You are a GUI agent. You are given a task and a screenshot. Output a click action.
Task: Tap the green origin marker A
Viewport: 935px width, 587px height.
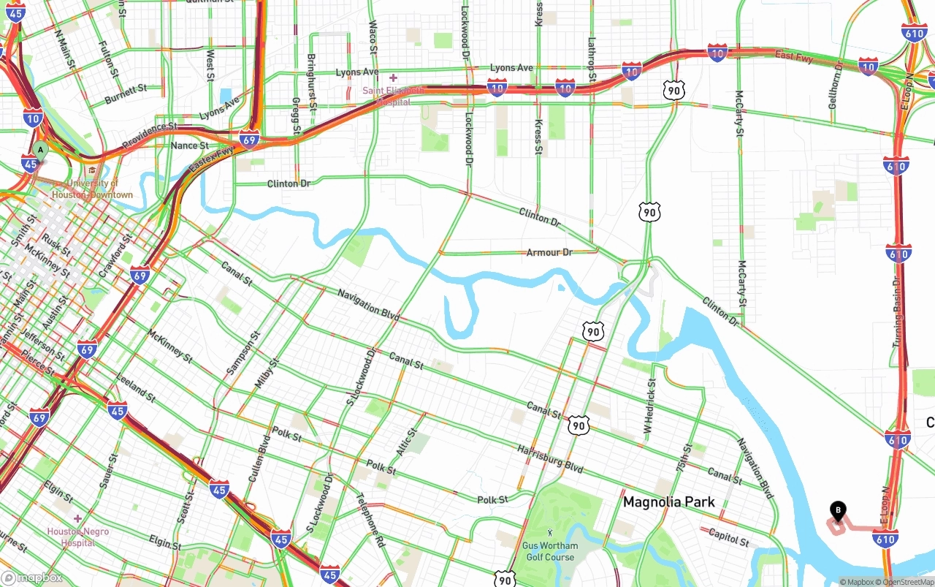(40, 151)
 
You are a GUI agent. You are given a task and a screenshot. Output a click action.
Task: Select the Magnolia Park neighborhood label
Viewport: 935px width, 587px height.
(668, 502)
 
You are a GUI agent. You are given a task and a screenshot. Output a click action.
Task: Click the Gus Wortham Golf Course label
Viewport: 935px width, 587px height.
(549, 551)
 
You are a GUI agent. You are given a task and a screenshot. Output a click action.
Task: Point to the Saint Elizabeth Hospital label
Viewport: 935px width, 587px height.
(392, 96)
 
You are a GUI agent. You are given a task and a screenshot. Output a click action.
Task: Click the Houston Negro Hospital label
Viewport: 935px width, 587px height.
(77, 537)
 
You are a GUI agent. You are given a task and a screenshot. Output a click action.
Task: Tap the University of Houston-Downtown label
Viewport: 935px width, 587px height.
(92, 189)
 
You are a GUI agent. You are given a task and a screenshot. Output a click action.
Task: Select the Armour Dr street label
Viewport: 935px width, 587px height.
(549, 253)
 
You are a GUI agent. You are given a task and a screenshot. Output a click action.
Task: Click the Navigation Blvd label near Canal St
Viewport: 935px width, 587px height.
(368, 305)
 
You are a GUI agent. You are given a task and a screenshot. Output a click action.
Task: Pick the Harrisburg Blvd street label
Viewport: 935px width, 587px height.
(550, 456)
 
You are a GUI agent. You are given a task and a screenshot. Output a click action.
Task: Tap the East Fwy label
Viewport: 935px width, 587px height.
(794, 56)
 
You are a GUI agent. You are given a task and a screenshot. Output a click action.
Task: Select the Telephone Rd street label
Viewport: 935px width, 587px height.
(370, 520)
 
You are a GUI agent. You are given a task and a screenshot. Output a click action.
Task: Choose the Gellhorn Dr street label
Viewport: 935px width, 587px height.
(836, 86)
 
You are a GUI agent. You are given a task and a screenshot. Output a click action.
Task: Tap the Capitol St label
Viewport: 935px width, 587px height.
(728, 538)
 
